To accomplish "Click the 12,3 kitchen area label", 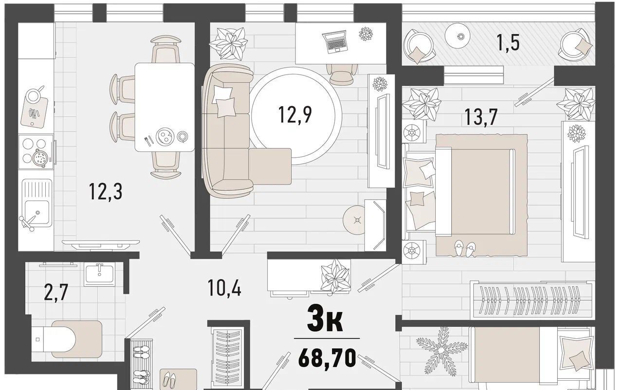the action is point(106,191).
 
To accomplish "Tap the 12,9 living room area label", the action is point(295,114).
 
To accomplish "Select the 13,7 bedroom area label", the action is point(481,117).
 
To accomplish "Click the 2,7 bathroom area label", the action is point(56,293).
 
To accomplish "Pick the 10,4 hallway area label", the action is point(224,288).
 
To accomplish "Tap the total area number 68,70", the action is point(327,358).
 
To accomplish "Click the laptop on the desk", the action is point(335,42).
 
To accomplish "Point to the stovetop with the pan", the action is point(36,152).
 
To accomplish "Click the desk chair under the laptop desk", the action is point(342,73).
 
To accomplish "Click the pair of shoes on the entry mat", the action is point(170,380).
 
